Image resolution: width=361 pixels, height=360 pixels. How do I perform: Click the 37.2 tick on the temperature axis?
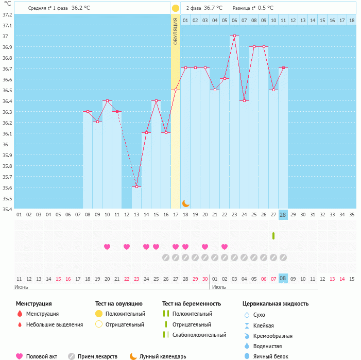pyautogui.click(x=8, y=14)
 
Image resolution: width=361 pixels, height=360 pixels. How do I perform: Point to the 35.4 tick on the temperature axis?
pyautogui.click(x=8, y=210)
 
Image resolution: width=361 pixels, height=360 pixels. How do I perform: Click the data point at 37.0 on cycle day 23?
pyautogui.click(x=234, y=36)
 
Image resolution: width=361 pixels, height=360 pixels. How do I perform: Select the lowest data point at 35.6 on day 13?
pyautogui.click(x=136, y=186)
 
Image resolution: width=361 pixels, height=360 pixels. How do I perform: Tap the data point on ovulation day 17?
pyautogui.click(x=176, y=90)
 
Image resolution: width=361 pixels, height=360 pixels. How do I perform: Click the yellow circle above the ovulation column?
pyautogui.click(x=176, y=8)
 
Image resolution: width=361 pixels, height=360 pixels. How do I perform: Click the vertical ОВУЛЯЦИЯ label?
pyautogui.click(x=176, y=31)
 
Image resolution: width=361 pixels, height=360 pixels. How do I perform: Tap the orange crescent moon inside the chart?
pyautogui.click(x=185, y=203)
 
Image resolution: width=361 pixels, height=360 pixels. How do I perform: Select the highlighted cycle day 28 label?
pyautogui.click(x=283, y=214)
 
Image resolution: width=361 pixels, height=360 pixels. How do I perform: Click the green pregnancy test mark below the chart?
pyautogui.click(x=273, y=236)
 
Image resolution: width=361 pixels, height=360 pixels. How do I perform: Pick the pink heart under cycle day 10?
pyautogui.click(x=107, y=247)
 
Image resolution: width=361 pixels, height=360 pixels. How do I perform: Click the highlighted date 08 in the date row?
pyautogui.click(x=283, y=279)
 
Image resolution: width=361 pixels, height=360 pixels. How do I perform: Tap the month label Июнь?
pyautogui.click(x=22, y=287)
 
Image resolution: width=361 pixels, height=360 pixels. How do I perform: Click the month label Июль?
pyautogui.click(x=219, y=287)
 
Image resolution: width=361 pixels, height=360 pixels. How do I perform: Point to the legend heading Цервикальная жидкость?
pyautogui.click(x=276, y=303)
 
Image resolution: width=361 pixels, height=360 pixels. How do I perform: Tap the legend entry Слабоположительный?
pyautogui.click(x=199, y=335)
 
